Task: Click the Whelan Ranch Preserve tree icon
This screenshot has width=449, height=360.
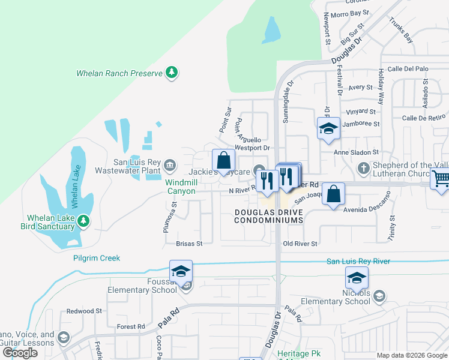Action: [x=172, y=73]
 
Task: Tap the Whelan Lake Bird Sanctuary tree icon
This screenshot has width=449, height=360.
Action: [x=83, y=221]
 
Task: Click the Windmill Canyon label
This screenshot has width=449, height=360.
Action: [x=181, y=187]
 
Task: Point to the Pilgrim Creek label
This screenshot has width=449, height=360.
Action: [x=97, y=258]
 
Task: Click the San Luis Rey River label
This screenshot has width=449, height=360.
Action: [x=358, y=261]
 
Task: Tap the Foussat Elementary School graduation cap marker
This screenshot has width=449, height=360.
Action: [x=181, y=271]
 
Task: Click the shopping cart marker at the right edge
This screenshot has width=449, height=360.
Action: [x=441, y=179]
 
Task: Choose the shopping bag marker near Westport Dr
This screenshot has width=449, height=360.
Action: [x=223, y=160]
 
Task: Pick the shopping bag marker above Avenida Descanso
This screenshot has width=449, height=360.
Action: [x=333, y=194]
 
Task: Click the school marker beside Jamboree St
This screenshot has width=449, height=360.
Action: [x=328, y=128]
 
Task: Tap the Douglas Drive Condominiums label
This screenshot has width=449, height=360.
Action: [x=269, y=216]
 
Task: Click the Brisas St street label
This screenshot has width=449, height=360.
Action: [x=189, y=244]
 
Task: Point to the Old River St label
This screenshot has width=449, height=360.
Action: [x=300, y=244]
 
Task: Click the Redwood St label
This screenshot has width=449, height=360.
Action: [x=85, y=311]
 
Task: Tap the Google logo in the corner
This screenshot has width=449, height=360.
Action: [x=20, y=352]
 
